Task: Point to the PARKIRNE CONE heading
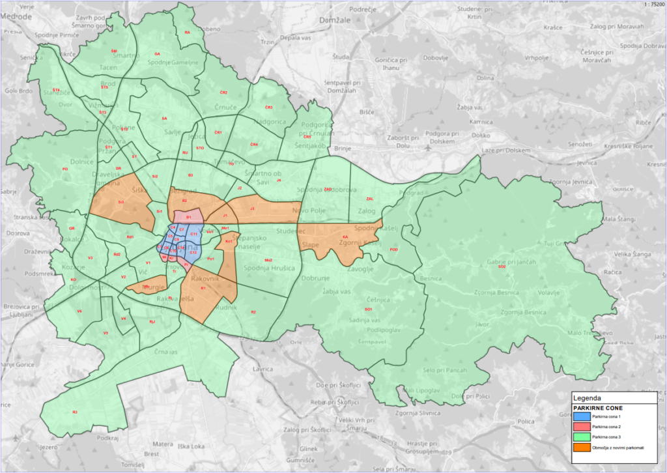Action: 592,407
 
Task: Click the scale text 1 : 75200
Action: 651,5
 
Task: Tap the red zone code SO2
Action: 502,267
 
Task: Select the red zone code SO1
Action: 369,309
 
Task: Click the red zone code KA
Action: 345,237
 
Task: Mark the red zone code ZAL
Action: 370,199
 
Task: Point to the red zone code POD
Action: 393,250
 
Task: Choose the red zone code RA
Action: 187,32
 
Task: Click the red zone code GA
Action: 157,53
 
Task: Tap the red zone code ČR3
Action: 268,107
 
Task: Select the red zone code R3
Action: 75,412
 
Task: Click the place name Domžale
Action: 335,21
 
